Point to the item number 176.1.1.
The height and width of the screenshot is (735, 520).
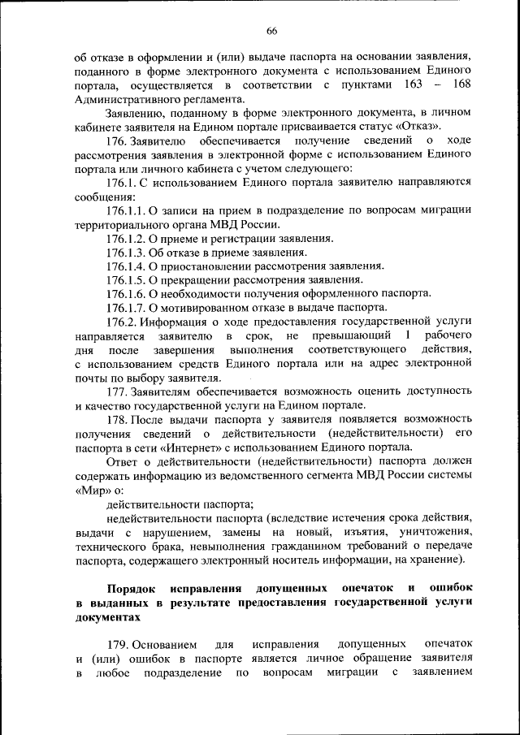pos(125,210)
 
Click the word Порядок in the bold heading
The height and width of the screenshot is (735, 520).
pos(133,586)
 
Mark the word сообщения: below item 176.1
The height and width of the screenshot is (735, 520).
pos(104,197)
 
